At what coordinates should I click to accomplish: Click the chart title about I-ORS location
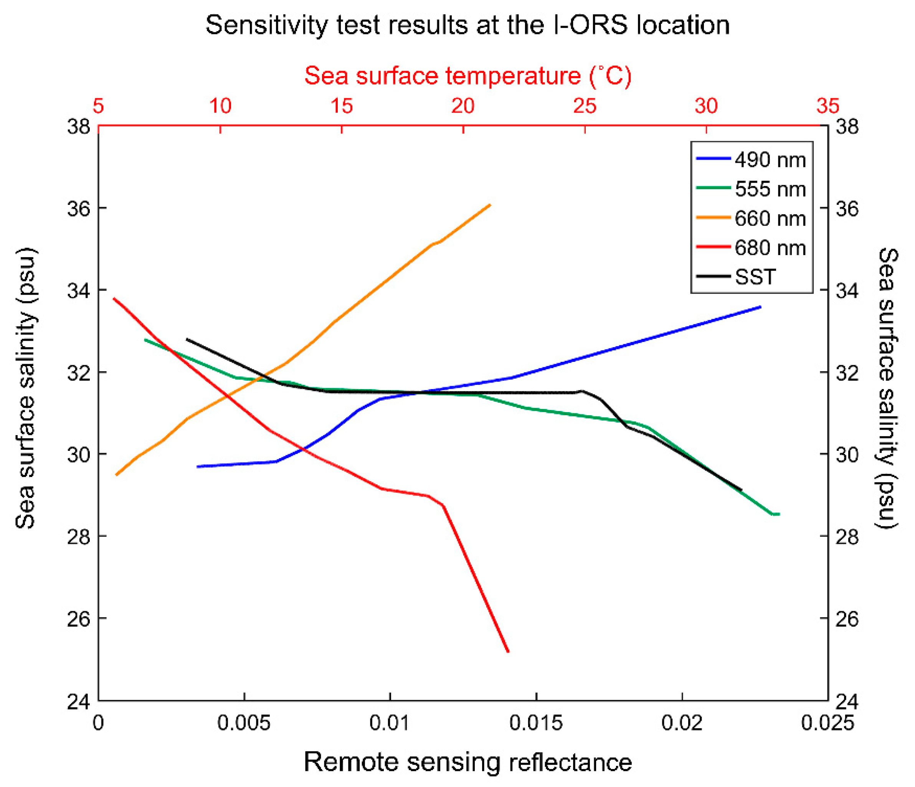tap(467, 25)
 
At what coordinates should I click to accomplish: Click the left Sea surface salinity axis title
tap(25, 388)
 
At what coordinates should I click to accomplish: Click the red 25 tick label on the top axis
tap(585, 106)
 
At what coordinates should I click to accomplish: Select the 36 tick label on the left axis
tap(79, 208)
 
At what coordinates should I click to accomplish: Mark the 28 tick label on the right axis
tap(847, 537)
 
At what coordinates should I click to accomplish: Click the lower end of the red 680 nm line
tap(508, 652)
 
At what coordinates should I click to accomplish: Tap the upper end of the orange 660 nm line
tap(490, 205)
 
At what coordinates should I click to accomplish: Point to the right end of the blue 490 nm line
tap(760, 307)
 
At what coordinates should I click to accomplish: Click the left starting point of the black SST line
tap(187, 340)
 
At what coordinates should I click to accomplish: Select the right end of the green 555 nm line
tap(779, 514)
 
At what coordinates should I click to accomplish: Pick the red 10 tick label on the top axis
tap(220, 106)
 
